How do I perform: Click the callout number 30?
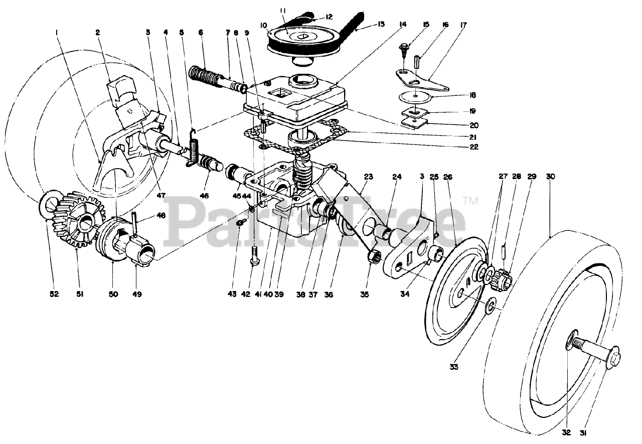[551, 177]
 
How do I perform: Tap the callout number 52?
[54, 294]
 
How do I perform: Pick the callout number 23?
[369, 177]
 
